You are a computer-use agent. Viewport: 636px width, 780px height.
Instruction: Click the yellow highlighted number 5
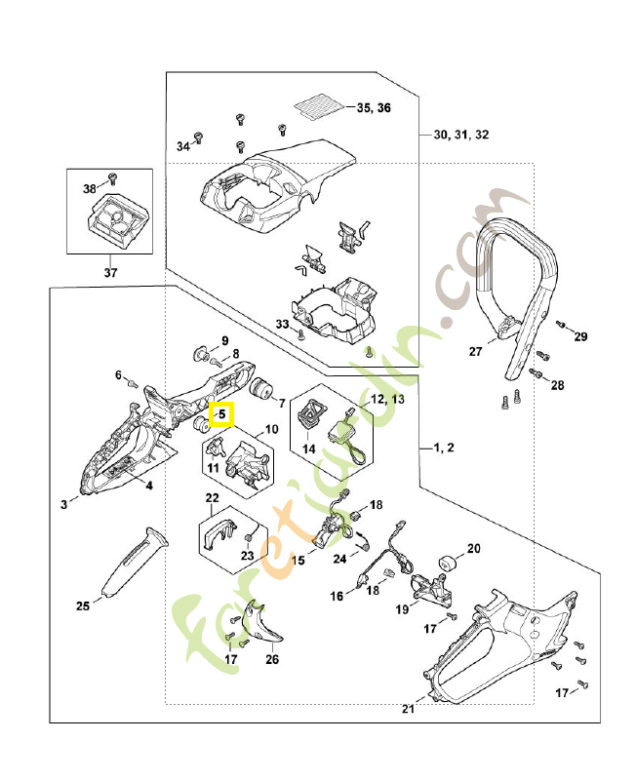click(x=222, y=414)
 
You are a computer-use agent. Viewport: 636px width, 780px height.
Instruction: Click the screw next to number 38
click(x=110, y=178)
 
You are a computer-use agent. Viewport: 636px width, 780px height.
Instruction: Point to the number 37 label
click(x=109, y=273)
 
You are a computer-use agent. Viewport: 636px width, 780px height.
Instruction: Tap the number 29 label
click(x=581, y=337)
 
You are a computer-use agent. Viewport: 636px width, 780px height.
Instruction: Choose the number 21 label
click(x=408, y=708)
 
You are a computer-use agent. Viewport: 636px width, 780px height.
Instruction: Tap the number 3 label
click(x=63, y=504)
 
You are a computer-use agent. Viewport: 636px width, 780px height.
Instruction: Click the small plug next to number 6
click(x=132, y=383)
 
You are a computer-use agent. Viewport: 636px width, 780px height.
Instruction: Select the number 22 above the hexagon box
click(x=212, y=498)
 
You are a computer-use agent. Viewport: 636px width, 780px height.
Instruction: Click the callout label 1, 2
click(x=444, y=448)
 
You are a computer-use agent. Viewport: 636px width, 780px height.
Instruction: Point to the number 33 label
click(x=282, y=324)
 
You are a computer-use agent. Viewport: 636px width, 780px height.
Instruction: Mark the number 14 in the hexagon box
click(x=308, y=449)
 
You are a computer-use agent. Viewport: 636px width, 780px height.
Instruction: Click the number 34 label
click(x=182, y=146)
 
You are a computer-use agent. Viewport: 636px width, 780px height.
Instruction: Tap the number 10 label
click(x=271, y=430)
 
